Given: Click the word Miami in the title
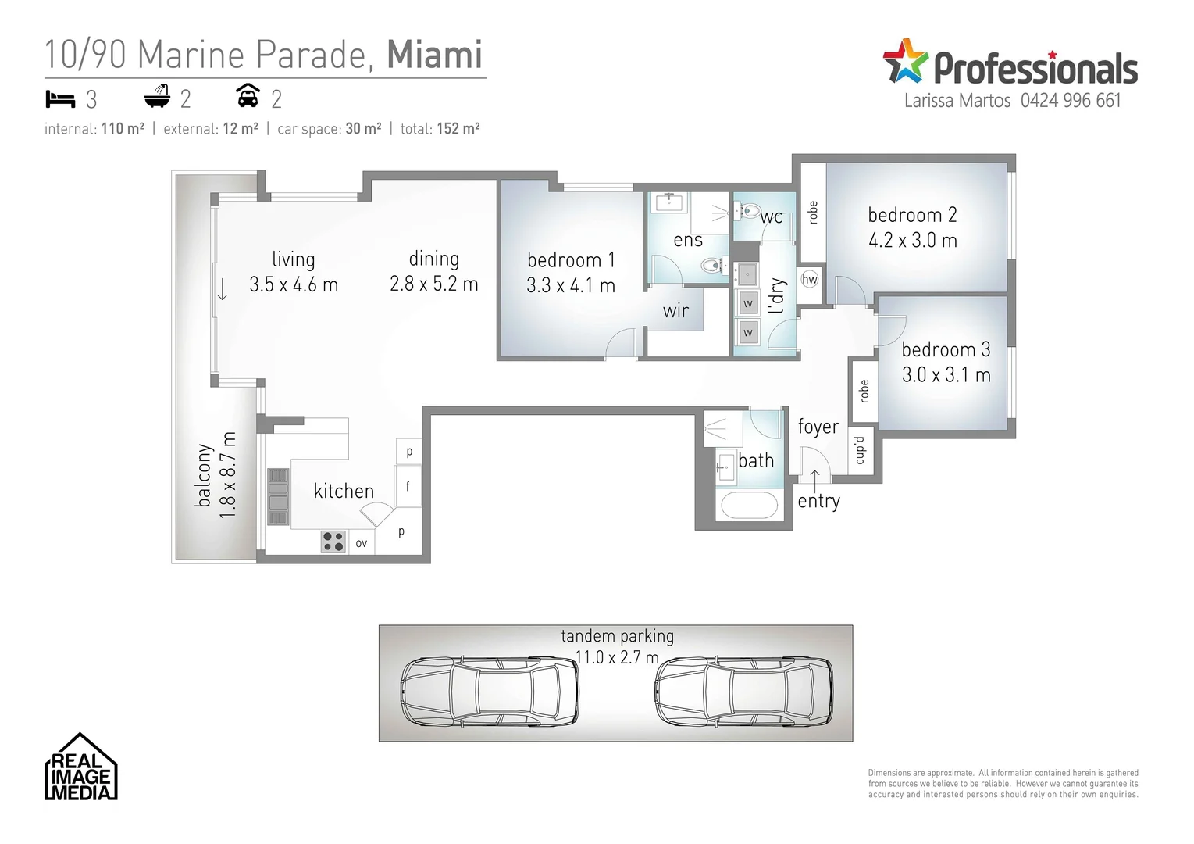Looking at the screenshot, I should pos(434,55).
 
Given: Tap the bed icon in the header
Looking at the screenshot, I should pos(60,99).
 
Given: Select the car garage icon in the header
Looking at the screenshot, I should pos(248,96).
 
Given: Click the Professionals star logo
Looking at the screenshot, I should pos(904,61).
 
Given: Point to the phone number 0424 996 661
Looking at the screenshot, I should pos(1070,101).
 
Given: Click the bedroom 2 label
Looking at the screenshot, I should pos(912,215).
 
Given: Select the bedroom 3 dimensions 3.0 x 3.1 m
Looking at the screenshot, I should pos(946,375).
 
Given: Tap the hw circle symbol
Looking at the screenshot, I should pos(810,279).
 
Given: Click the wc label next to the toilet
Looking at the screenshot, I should pos(772,217).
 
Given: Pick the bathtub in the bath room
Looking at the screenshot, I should pos(749,505).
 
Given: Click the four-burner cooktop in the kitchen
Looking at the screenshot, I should pos(333,542).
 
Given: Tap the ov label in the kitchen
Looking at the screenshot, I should pos(362,543).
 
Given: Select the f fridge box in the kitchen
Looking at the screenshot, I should pos(408,487).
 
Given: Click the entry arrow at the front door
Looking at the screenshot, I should pos(814,478).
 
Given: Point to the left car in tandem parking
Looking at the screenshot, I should pos(490,691).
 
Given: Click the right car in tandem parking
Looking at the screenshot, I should pos(743,691).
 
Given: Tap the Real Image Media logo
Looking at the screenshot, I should pos(80,768).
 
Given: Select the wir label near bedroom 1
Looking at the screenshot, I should pos(675,311).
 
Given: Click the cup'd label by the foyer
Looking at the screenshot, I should pos(860,451).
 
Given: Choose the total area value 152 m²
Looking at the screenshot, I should pos(458,129).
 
